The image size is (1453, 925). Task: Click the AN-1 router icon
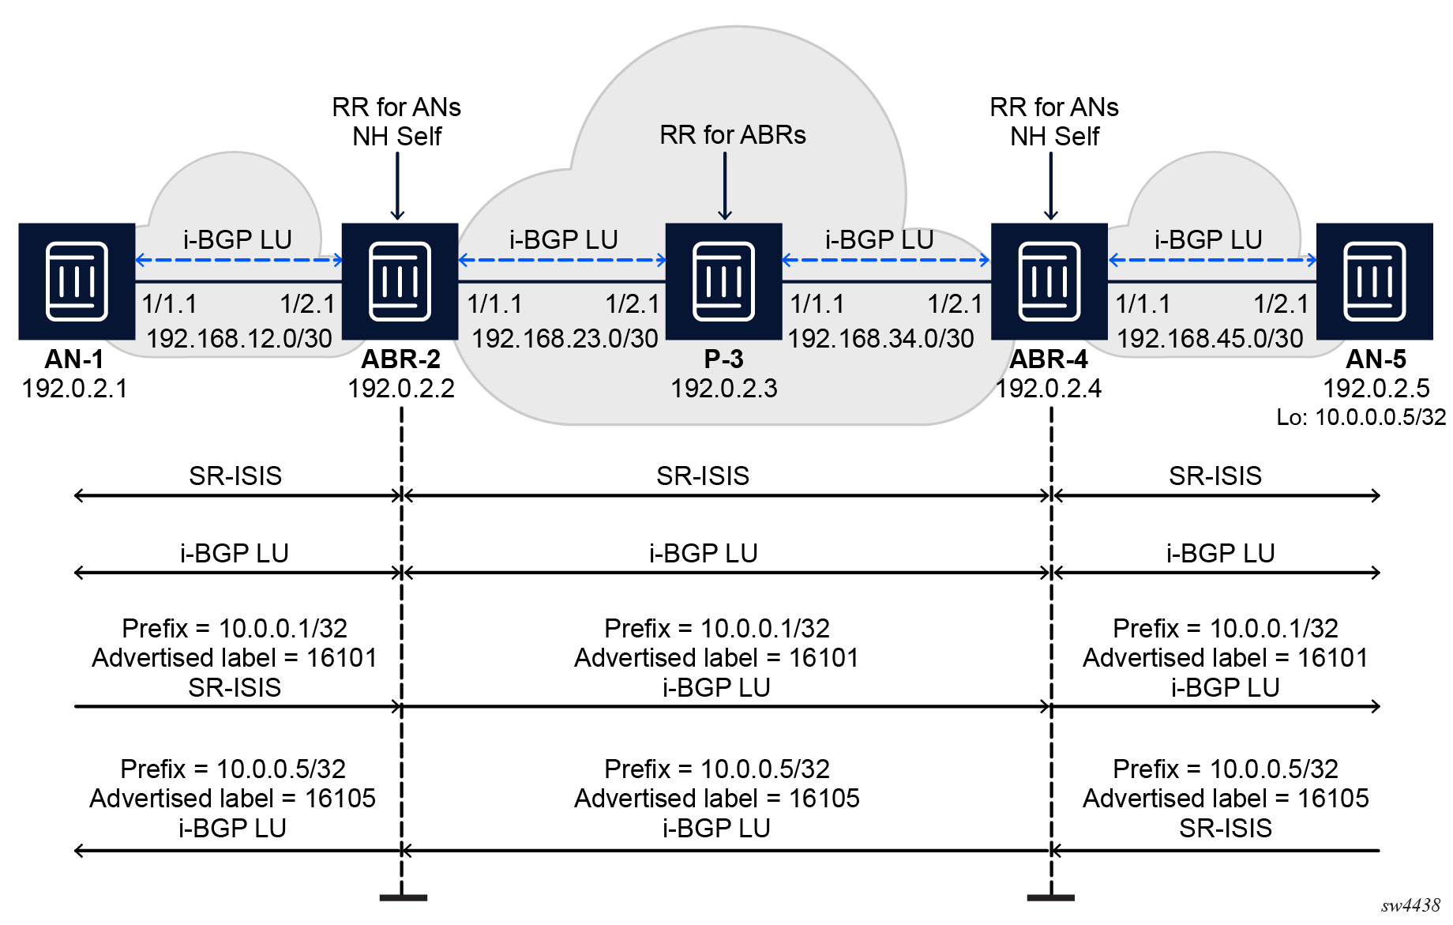(77, 281)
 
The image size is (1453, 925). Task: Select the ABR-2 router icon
(400, 281)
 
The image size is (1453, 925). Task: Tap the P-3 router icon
(723, 281)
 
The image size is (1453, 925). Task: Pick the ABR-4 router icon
(1049, 281)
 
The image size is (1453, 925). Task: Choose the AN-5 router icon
(1374, 281)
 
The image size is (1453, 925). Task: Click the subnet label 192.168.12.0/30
(239, 338)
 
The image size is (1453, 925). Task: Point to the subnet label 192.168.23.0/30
(565, 338)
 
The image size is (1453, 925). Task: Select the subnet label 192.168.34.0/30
(880, 338)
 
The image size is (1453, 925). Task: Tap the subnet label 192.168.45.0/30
(1210, 338)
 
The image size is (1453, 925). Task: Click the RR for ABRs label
(733, 135)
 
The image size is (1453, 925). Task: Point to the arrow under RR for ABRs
(725, 186)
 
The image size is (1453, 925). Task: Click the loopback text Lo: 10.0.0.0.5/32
(1361, 417)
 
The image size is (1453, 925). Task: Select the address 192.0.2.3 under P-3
(724, 388)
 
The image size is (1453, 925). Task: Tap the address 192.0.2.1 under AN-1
(75, 388)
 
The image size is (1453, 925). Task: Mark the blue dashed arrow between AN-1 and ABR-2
(238, 260)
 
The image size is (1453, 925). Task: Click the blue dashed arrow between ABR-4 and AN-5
(1212, 260)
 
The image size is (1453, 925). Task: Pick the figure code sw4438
(1410, 905)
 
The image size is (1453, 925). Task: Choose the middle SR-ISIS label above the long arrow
(703, 476)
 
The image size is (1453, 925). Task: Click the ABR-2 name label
(400, 359)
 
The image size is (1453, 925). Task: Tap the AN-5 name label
(1376, 359)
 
